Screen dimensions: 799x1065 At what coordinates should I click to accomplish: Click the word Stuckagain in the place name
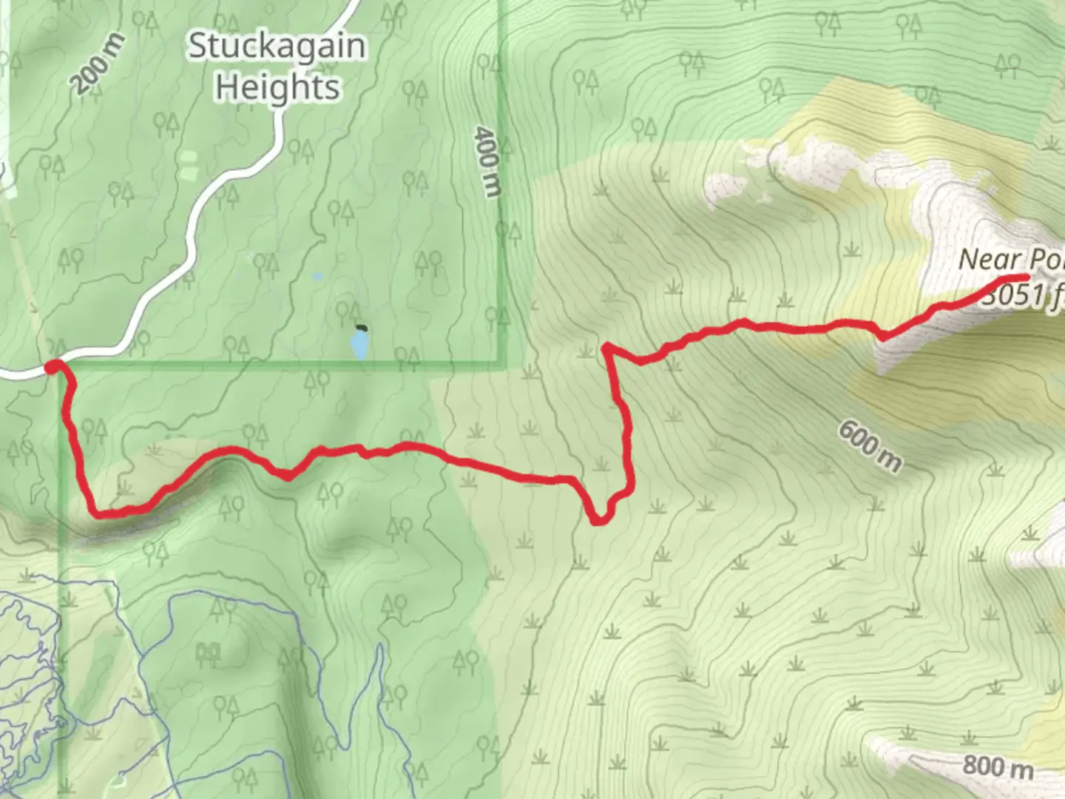pyautogui.click(x=277, y=47)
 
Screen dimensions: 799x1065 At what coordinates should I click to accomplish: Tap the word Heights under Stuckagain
pyautogui.click(x=277, y=88)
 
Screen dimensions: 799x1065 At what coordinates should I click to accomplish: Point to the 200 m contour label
pyautogui.click(x=99, y=64)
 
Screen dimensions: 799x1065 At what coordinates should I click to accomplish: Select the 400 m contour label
pyautogui.click(x=486, y=161)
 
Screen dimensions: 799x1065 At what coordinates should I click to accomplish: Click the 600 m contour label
pyautogui.click(x=870, y=445)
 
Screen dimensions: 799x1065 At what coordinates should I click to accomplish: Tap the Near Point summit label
pyautogui.click(x=1010, y=260)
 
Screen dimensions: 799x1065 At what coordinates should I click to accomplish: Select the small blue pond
pyautogui.click(x=359, y=345)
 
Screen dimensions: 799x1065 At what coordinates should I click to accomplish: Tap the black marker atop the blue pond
pyautogui.click(x=361, y=328)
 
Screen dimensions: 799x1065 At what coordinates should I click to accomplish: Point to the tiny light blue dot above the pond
pyautogui.click(x=318, y=277)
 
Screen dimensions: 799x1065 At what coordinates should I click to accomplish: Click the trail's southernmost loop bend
pyautogui.click(x=599, y=521)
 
